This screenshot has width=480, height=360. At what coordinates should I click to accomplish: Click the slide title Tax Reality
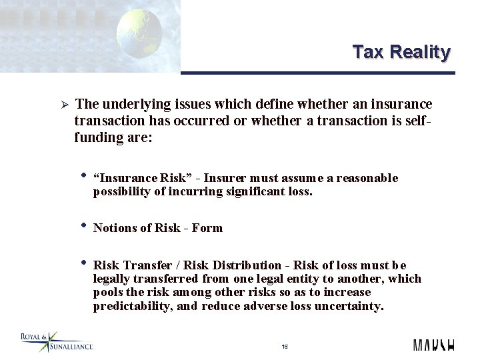point(401,52)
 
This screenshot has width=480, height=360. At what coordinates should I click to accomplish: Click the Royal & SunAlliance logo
point(56,341)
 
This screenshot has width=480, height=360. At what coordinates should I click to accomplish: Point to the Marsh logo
point(433,345)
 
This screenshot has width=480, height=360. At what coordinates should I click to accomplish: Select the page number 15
point(285,347)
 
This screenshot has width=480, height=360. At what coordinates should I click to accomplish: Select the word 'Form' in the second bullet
point(207,228)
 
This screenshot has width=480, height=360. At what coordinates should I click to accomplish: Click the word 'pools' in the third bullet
point(107,293)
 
